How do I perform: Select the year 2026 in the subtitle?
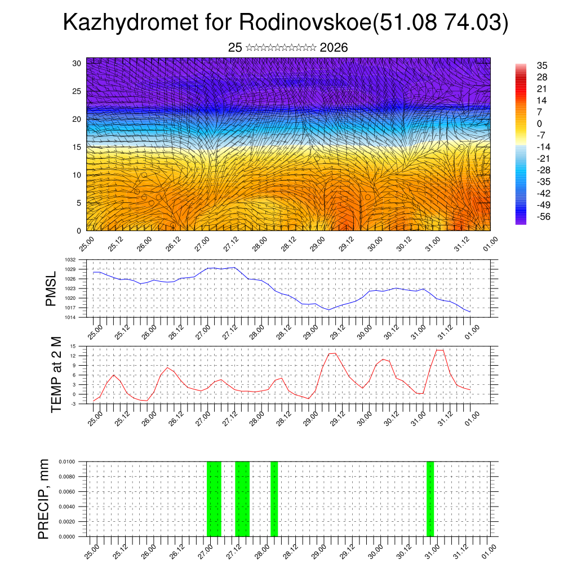coord(334,48)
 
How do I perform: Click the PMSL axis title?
coord(51,288)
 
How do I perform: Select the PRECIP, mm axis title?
coord(43,499)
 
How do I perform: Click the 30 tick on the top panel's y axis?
coord(77,63)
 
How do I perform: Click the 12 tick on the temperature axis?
coord(73,356)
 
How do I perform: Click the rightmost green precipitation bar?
coord(430,499)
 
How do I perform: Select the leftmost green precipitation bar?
coord(214,499)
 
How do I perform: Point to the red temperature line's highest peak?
coord(440,350)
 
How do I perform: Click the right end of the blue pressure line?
coord(470,312)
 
